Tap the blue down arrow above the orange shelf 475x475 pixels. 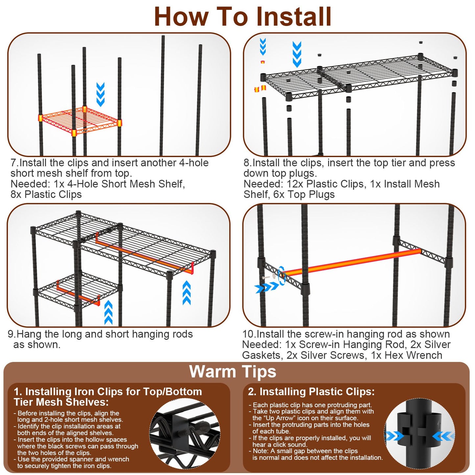click(101, 94)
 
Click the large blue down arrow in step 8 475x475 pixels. click(297, 54)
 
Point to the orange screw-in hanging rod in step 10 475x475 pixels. click(352, 262)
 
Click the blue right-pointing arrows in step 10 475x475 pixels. click(267, 288)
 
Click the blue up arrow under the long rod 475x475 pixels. click(186, 293)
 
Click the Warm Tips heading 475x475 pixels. click(232, 372)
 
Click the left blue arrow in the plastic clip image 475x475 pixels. click(394, 437)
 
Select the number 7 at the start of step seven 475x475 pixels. click(13, 163)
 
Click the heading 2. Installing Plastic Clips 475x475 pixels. click(311, 392)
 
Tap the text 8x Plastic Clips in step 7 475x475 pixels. click(46, 195)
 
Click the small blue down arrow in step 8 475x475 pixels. click(263, 47)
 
